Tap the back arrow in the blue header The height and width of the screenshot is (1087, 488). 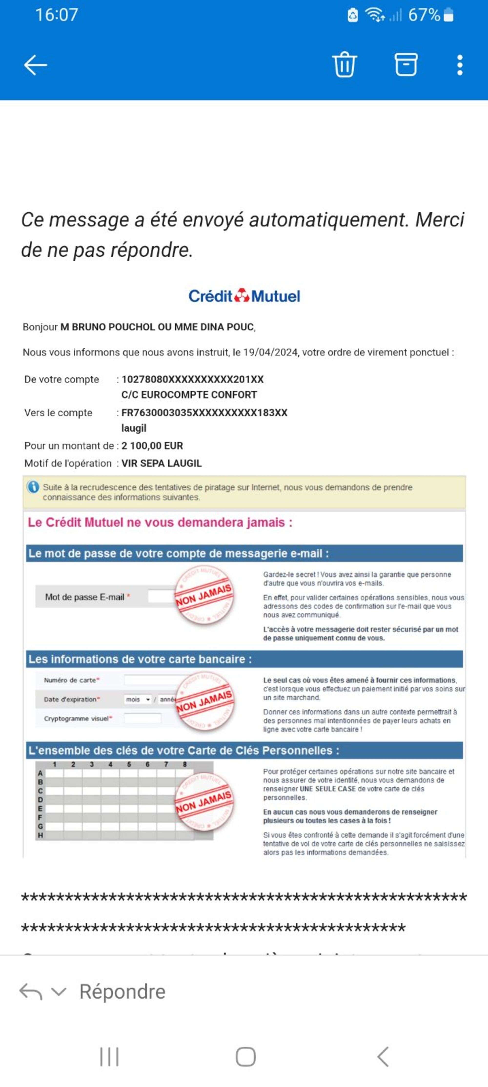35,65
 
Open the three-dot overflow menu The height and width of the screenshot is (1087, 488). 460,65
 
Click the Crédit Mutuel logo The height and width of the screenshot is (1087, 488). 244,296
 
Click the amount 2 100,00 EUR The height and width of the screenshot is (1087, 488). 152,446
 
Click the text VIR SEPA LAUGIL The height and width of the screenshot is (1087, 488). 161,463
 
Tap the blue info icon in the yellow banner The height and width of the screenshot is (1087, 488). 33,487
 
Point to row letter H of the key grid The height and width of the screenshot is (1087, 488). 40,835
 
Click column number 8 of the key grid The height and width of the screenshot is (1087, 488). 185,764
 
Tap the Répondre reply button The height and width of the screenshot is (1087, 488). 122,992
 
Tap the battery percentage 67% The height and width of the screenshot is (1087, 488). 424,15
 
